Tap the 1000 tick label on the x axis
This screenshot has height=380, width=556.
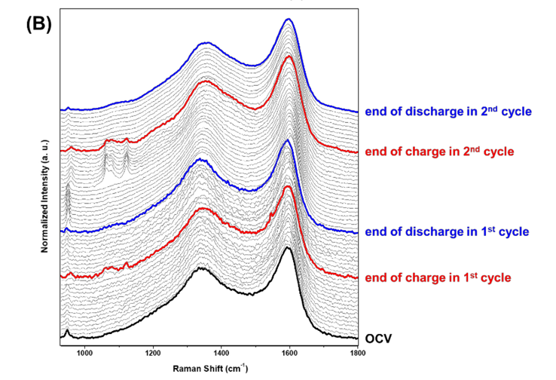coord(84,352)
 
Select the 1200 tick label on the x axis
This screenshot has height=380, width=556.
coord(153,352)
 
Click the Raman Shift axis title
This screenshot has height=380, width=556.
coord(215,368)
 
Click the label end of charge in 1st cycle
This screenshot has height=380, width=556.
coord(438,277)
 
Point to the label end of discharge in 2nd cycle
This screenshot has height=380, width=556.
coord(448,112)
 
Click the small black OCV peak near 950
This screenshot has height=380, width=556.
coord(68,330)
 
